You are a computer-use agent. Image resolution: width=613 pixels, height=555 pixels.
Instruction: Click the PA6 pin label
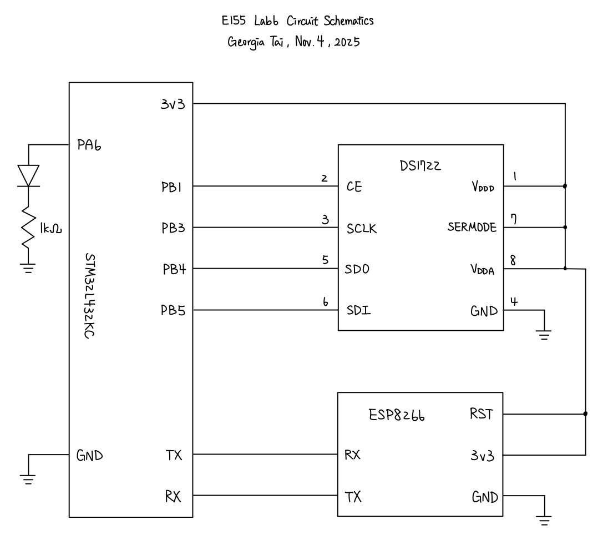pos(89,146)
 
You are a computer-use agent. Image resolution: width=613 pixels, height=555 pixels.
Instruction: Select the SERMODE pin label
pos(472,228)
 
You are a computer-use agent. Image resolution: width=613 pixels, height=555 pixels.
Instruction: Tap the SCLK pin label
pos(362,228)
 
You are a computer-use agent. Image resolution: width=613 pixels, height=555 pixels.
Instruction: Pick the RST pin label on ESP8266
pos(480,414)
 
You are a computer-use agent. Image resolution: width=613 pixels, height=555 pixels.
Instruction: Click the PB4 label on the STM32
pos(174,270)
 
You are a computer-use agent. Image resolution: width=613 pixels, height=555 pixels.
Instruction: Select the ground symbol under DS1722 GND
pos(545,334)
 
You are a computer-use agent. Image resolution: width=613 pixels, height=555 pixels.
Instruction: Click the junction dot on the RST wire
pos(586,413)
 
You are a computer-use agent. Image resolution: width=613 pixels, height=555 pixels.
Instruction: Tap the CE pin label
pos(354,186)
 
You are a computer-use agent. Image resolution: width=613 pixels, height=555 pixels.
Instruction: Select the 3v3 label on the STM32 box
pos(174,104)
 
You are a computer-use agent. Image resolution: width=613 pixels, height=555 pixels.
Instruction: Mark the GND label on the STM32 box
pos(89,456)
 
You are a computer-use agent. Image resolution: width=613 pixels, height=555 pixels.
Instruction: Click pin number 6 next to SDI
pos(325,302)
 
